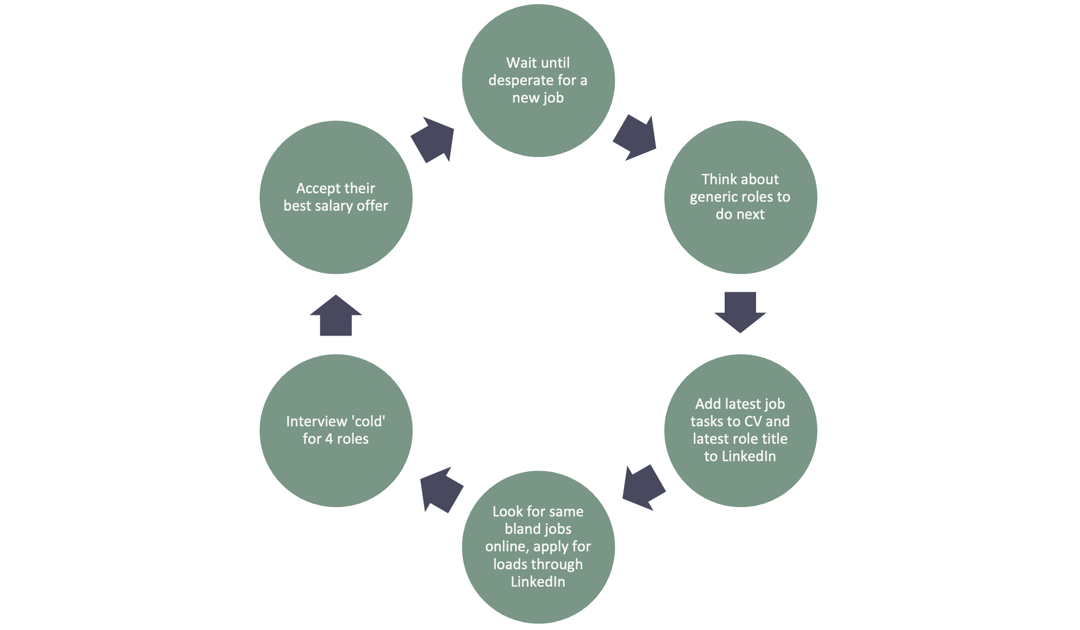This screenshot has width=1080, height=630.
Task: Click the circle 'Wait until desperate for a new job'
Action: click(x=538, y=81)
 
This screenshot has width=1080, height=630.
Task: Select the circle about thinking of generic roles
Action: click(x=741, y=197)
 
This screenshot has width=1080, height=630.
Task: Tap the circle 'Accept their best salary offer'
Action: click(x=336, y=197)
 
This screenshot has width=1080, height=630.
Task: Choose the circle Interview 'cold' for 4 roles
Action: click(x=336, y=431)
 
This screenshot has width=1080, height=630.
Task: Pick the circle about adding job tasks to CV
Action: click(x=741, y=431)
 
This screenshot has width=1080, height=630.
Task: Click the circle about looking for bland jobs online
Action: click(x=538, y=547)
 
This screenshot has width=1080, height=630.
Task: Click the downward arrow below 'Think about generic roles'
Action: click(x=740, y=312)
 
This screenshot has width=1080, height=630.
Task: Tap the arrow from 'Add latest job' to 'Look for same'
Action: click(x=644, y=488)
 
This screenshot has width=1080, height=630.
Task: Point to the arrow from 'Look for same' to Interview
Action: click(x=442, y=490)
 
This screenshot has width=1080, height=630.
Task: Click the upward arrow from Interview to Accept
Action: click(x=336, y=315)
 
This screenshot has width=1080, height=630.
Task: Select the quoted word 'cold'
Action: click(x=368, y=421)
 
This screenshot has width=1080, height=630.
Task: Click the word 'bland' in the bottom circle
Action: click(x=522, y=529)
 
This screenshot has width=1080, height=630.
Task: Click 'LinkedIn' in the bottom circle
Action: click(x=538, y=582)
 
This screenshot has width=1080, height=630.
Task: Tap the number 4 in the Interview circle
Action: click(x=329, y=439)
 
